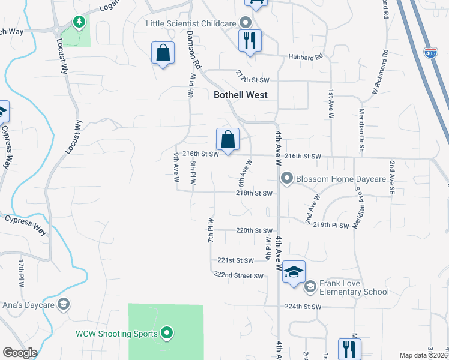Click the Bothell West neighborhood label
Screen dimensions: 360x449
[x=241, y=95]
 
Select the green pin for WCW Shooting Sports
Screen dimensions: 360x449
[x=167, y=333]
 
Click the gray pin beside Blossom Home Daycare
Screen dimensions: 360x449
[x=287, y=179]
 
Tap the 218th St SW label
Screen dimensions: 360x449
[x=255, y=193]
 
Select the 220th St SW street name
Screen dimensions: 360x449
[x=254, y=230]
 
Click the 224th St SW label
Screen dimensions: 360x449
[x=303, y=306]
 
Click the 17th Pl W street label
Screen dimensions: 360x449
[x=20, y=272]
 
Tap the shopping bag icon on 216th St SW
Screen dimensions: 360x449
[x=228, y=140]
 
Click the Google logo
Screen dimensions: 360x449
[x=20, y=353]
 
